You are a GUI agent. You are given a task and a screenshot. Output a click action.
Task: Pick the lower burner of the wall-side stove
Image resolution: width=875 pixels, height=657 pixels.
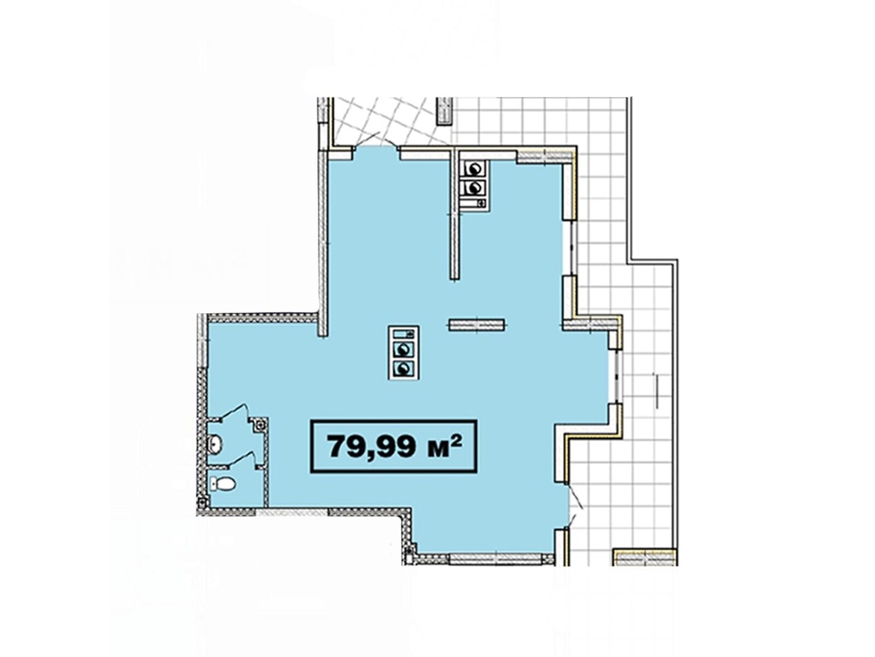[x=473, y=187]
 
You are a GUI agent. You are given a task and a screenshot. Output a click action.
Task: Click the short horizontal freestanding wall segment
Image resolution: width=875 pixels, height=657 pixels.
[x=477, y=325]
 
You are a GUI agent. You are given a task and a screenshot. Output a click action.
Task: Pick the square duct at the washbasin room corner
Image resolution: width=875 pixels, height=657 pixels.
[x=260, y=424]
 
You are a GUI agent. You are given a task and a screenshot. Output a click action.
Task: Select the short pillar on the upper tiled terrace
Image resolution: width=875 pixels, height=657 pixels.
[x=445, y=112]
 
